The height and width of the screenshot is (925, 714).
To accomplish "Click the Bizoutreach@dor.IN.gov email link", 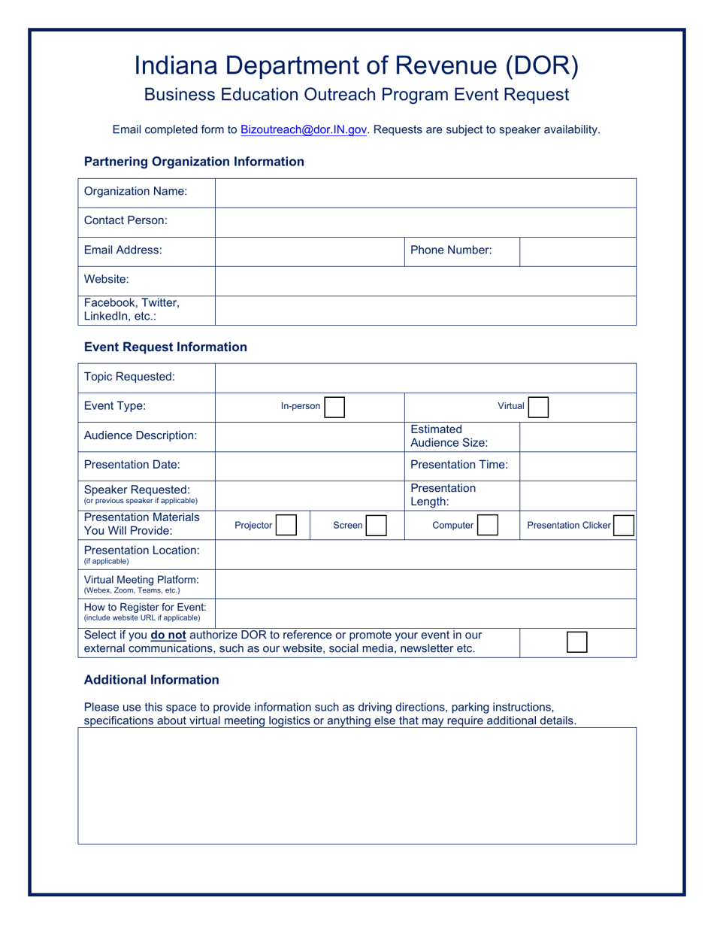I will pyautogui.click(x=304, y=129).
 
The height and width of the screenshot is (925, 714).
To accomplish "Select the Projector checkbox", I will pyautogui.click(x=286, y=525).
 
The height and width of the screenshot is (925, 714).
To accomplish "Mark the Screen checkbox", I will pyautogui.click(x=377, y=525).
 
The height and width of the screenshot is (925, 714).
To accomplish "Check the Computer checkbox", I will pyautogui.click(x=487, y=525).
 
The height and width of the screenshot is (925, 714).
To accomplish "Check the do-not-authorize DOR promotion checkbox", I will pyautogui.click(x=576, y=641).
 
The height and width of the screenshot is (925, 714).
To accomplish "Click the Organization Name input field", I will pyautogui.click(x=425, y=193).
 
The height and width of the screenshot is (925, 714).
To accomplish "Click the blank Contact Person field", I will pyautogui.click(x=425, y=222).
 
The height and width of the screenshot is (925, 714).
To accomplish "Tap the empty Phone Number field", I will pyautogui.click(x=577, y=251).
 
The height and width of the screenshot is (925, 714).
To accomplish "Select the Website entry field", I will pyautogui.click(x=425, y=281).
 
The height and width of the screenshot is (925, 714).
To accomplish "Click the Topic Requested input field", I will pyautogui.click(x=425, y=378).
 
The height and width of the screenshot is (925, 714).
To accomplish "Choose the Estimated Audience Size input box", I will pyautogui.click(x=577, y=436).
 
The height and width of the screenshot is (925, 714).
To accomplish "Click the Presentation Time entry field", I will pyautogui.click(x=577, y=466).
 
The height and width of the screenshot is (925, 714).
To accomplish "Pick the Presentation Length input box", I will pyautogui.click(x=577, y=495).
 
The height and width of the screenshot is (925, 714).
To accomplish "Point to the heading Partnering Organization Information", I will pyautogui.click(x=194, y=162).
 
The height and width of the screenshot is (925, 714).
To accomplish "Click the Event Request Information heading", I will pyautogui.click(x=165, y=347).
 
